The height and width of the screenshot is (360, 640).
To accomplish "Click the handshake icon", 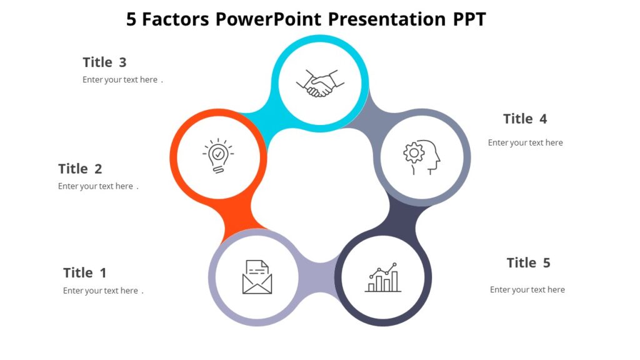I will point(320,83).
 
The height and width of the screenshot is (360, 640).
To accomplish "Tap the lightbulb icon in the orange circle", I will point(217,155).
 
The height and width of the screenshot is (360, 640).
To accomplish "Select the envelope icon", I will point(257,277).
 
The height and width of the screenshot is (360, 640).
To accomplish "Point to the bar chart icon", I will point(383,278).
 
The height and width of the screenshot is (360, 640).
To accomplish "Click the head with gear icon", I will point(422,156).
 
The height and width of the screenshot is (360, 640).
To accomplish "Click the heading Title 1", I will point(85,272).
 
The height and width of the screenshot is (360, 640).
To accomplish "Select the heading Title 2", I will point(80,169).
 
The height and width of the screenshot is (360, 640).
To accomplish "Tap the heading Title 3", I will point(104,62).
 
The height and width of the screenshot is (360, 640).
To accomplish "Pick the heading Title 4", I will point(525,119).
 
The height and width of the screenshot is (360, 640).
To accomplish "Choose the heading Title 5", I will point(528,262).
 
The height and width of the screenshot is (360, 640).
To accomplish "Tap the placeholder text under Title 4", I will point(525,142).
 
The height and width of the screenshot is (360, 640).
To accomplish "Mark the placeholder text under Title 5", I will point(527,289).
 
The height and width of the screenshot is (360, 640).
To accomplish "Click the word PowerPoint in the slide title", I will point(269,19).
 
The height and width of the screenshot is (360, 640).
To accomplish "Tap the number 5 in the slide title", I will point(131,19).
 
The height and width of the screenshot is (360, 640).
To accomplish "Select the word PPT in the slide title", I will point(469,19).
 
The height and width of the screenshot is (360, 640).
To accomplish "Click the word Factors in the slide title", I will point(176,19).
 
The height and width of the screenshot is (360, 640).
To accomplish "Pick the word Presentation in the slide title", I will point(387,19).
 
